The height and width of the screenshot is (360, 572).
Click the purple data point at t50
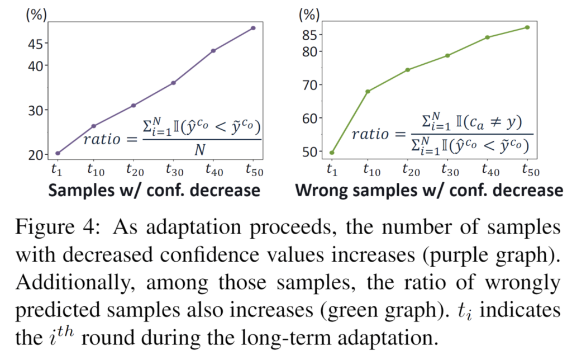point(253,28)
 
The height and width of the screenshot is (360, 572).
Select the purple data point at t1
point(58,153)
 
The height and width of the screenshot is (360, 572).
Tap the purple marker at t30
point(173,83)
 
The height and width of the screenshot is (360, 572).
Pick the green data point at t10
point(368,92)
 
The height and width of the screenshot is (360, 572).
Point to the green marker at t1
point(332,153)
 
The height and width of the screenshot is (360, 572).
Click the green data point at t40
point(487,37)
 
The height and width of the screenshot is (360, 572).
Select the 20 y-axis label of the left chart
point(36,155)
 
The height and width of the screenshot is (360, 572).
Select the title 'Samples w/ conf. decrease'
point(154,191)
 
